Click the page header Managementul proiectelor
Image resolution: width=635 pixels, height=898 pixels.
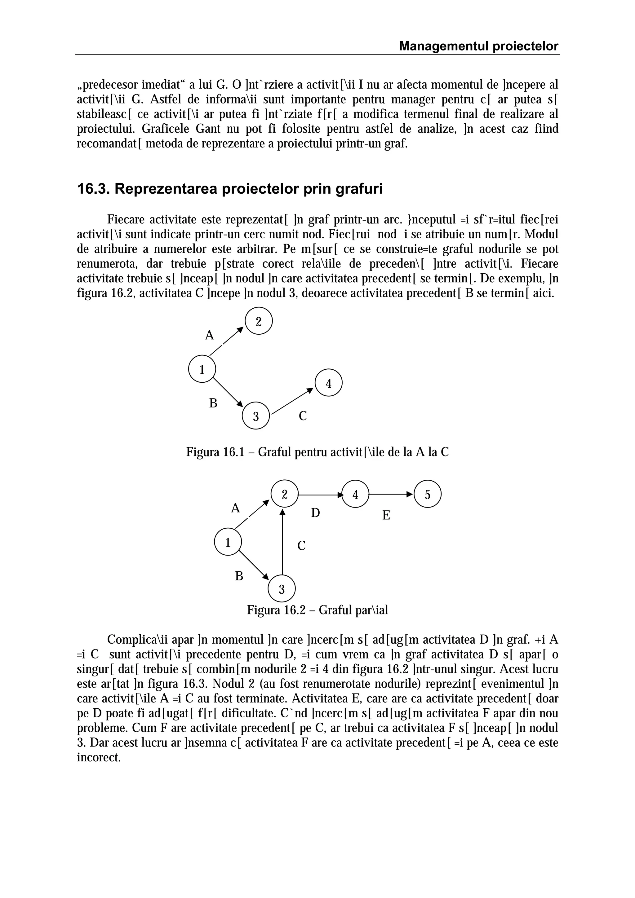point(478,46)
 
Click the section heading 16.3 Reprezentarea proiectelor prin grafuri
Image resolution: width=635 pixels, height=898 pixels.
point(230,189)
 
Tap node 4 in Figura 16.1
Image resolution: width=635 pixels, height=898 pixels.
point(328,382)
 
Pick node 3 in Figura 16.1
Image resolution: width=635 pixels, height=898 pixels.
point(256,415)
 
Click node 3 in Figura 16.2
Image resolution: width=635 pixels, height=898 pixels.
point(282,589)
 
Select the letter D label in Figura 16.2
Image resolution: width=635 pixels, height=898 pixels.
point(315,513)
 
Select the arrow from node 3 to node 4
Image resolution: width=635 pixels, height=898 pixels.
point(293,401)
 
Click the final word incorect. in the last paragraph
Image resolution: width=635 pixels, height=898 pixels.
point(99,757)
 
